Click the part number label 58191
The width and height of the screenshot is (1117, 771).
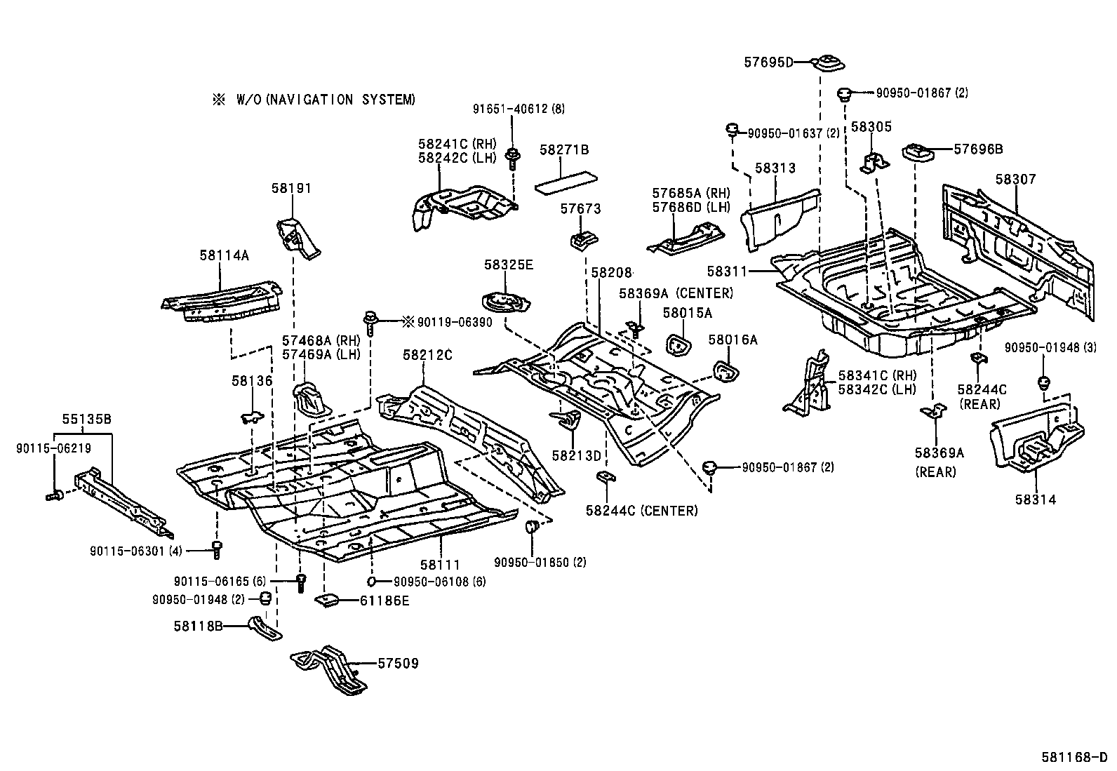coord(291,189)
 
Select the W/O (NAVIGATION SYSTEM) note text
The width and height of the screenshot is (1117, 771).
coord(314,100)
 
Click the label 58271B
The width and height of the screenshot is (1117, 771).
coord(564,149)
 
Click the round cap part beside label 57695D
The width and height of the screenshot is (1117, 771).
coord(829,63)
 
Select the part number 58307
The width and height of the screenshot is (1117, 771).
coord(1015,180)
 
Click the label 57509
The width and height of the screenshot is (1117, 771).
coord(398,662)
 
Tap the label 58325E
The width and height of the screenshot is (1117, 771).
coord(508,264)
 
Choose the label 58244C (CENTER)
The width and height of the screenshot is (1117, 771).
coord(641,511)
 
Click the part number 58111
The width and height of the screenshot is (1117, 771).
coord(440,564)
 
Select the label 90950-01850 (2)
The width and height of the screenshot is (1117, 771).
coord(540,562)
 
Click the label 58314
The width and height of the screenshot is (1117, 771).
coord(1034,500)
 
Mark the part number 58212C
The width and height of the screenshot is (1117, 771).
coord(427,355)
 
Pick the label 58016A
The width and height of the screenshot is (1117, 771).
coord(733,340)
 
